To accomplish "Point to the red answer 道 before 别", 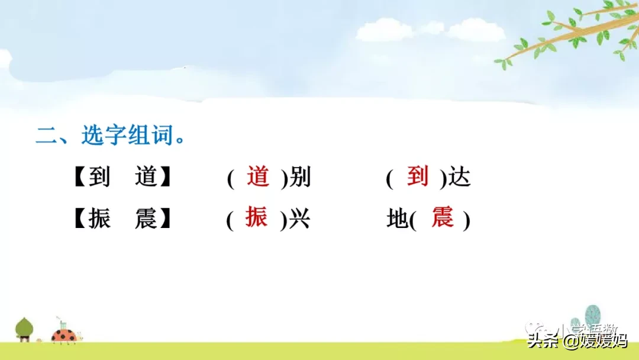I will coord(258,177).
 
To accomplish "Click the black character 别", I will coord(300,178).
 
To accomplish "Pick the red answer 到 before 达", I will coord(418,177).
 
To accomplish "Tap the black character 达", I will coord(459,178).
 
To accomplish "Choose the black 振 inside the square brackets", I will coord(99,220).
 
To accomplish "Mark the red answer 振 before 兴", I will coord(257,218).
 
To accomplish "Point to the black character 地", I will coord(398,220).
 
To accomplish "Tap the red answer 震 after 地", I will coord(443,218).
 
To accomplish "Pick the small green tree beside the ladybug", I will coord(24,329).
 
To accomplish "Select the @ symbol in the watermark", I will coord(571,341).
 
